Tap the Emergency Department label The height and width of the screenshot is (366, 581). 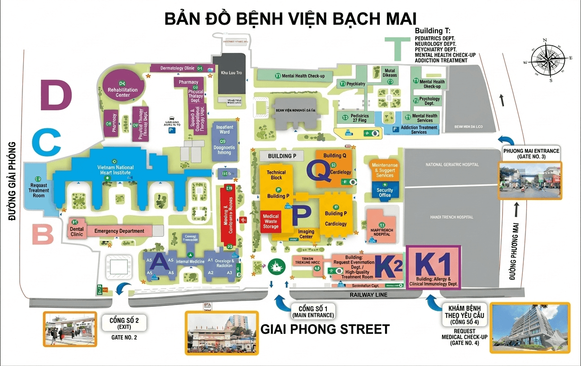click(x=119, y=231)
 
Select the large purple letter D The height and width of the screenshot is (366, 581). click(x=56, y=95)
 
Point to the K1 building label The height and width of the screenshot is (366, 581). click(x=433, y=265)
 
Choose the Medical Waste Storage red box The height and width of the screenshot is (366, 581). click(x=271, y=221)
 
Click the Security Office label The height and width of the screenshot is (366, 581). click(x=385, y=192)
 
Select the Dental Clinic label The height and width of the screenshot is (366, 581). click(x=77, y=231)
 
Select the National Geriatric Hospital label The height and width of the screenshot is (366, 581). click(x=452, y=165)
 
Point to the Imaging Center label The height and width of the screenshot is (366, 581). click(x=306, y=234)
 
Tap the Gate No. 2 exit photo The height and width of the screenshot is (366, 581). click(x=70, y=329)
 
